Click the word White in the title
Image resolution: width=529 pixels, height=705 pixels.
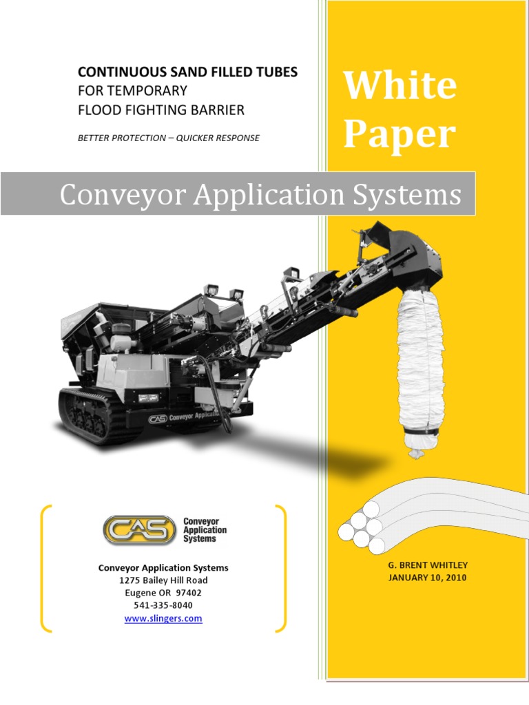[x=400, y=86]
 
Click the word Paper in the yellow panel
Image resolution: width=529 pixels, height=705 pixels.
[x=399, y=134]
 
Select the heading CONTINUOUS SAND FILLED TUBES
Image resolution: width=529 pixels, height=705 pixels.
[x=187, y=72]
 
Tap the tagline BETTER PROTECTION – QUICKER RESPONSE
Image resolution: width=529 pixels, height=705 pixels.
[x=169, y=138]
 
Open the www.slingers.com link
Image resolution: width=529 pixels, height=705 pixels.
[x=163, y=618]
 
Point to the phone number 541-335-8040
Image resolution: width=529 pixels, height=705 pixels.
[x=163, y=605]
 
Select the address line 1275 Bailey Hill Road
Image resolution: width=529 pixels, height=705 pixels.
[x=163, y=580]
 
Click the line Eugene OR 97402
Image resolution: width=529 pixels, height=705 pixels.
[x=163, y=593]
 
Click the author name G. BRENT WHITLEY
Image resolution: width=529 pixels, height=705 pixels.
[x=428, y=565]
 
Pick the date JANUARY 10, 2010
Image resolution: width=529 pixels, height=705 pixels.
[x=428, y=578]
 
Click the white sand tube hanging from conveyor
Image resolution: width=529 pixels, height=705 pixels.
[x=421, y=365]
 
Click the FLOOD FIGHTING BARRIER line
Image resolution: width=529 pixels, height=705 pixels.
[x=161, y=109]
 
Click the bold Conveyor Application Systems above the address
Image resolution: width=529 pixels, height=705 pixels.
[x=163, y=568]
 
